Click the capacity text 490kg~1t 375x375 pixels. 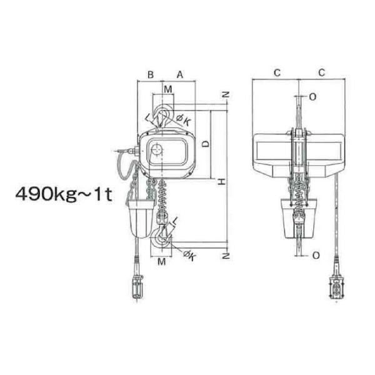tap(64, 194)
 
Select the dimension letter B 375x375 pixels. tap(151, 74)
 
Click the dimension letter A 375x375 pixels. tap(180, 74)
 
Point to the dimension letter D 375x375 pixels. tap(206, 144)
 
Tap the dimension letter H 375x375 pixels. tap(222, 182)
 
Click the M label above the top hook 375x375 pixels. tap(168, 89)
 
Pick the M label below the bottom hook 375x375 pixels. tap(162, 261)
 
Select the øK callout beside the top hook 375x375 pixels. tap(184, 119)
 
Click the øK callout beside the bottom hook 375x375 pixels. tap(189, 256)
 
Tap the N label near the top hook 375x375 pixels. tap(226, 95)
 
